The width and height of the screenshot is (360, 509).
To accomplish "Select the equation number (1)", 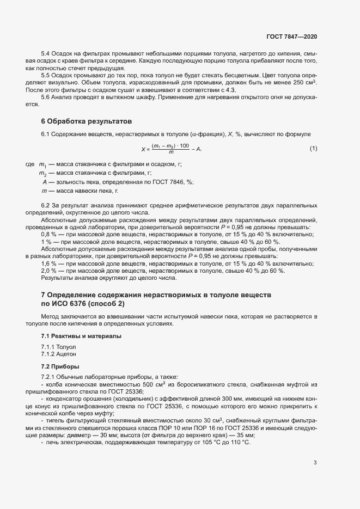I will [313, 148].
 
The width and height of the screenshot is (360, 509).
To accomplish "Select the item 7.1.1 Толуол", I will [59, 346].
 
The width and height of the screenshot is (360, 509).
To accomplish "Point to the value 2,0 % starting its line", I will [50, 271].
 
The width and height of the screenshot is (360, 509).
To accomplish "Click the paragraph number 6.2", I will [46, 205].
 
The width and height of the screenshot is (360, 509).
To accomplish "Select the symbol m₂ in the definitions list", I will [43, 173].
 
